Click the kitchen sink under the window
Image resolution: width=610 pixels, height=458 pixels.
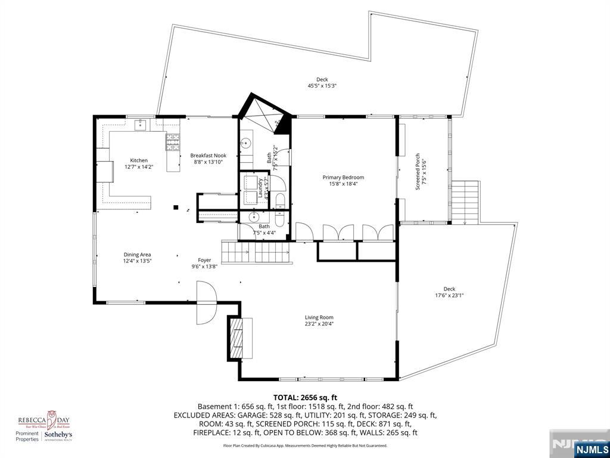[x=141, y=125]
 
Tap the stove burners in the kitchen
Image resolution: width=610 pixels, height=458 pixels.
[x=173, y=141]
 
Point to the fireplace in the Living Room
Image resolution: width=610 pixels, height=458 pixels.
[x=238, y=338]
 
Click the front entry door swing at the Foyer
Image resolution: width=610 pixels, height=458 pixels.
[x=206, y=303]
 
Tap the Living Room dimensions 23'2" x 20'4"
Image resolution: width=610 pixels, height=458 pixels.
[x=319, y=324]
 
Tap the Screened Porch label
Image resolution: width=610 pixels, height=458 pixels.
[x=419, y=171]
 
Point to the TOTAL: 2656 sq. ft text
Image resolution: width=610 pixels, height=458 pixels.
[x=305, y=397]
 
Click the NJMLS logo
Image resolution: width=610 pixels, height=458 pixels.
[x=591, y=449]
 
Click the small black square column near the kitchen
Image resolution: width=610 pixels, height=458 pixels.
[x=176, y=208]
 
